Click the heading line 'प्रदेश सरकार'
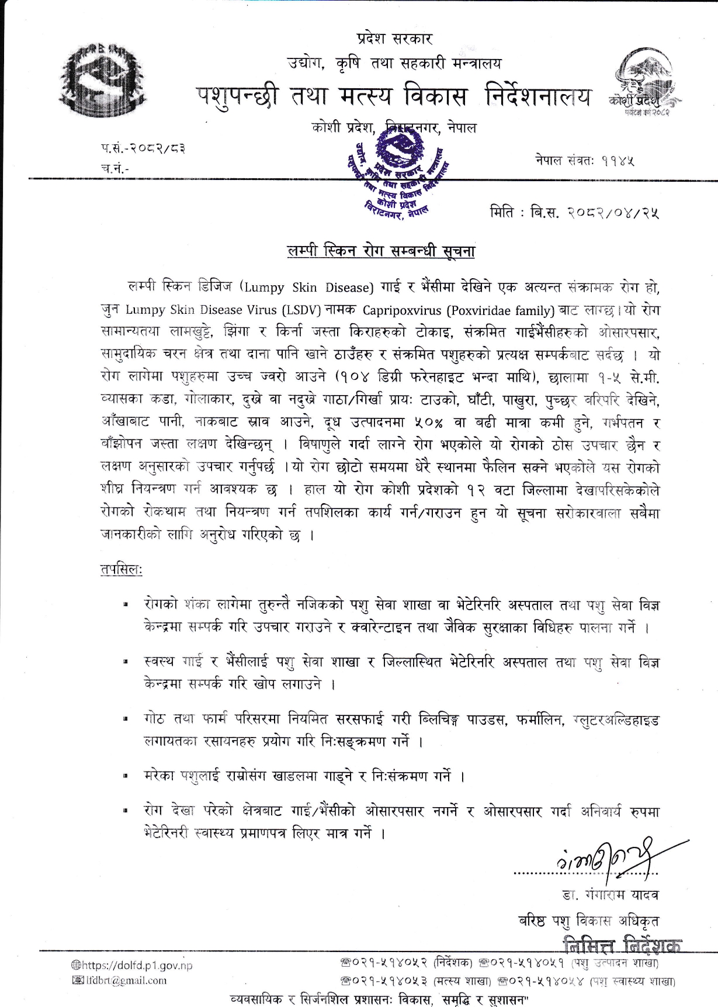pos(394,39)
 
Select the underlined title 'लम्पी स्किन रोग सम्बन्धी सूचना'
pos(381,251)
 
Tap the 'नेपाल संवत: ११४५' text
pos(584,159)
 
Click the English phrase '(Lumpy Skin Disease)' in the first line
pos(308,287)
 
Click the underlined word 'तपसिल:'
pos(122,570)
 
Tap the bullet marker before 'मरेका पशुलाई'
pos(125,777)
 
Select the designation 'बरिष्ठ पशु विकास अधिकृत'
pos(589,921)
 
